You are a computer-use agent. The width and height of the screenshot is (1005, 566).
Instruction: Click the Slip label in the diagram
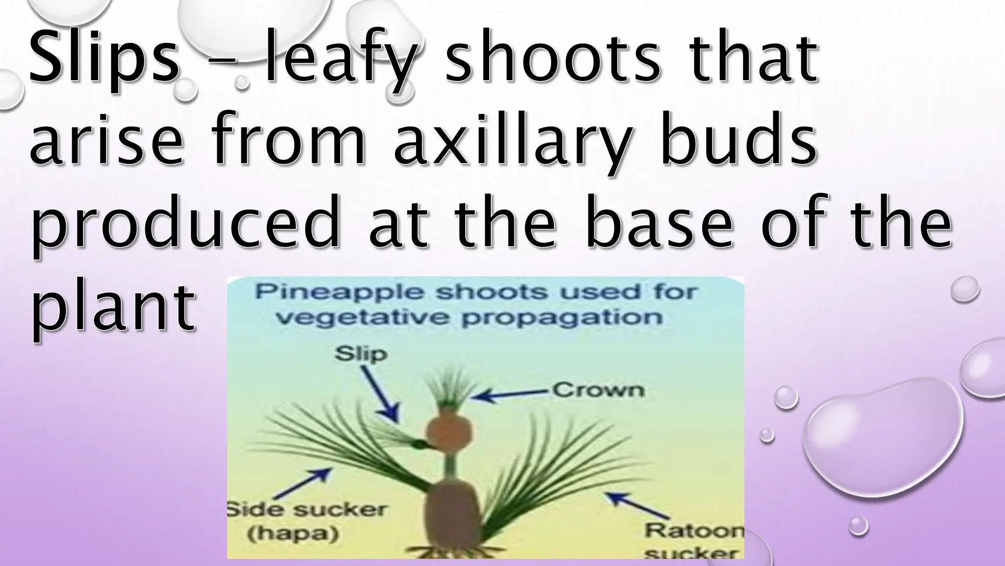[360, 354]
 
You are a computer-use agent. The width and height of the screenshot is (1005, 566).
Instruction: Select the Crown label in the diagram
[598, 391]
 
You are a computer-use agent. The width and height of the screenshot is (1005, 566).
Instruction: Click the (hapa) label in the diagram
[293, 534]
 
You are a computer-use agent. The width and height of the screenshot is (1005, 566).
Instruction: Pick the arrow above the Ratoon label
[637, 506]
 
